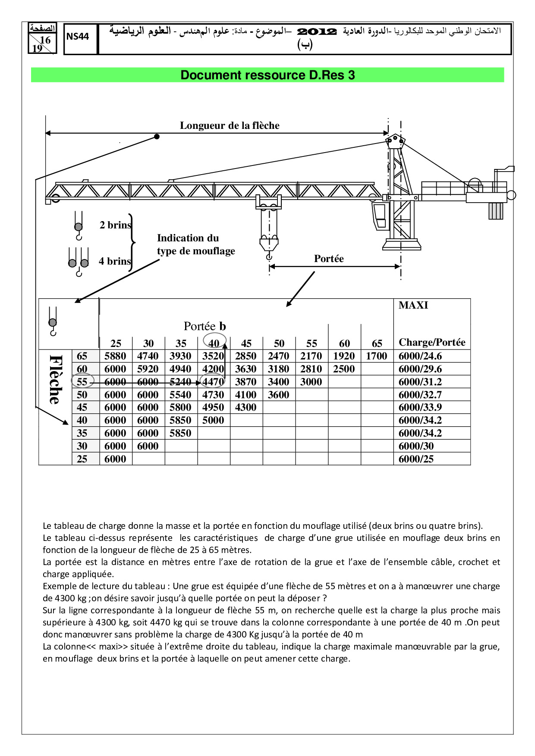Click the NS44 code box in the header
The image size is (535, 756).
[78, 37]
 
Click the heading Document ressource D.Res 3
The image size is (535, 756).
[267, 75]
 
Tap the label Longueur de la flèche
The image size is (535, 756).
[230, 125]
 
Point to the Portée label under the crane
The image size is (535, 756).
[329, 259]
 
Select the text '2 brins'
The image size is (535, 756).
[115, 225]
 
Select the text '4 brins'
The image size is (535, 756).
[115, 261]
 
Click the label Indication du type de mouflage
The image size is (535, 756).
[196, 244]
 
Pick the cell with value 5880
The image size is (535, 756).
[115, 356]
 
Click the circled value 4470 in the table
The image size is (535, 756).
[213, 382]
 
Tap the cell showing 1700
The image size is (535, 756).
[377, 356]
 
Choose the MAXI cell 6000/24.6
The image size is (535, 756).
[420, 356]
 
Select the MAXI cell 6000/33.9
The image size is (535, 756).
[420, 407]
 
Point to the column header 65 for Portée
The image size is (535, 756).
[377, 344]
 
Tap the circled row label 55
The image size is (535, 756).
[82, 382]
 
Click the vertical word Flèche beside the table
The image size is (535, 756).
[55, 379]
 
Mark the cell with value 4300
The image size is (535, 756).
[246, 407]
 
